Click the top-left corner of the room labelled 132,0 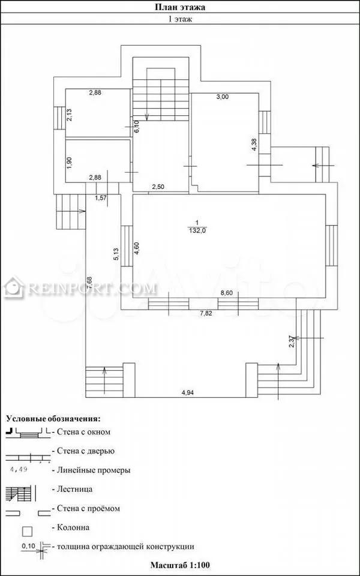pos(133,194)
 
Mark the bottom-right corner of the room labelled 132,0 pos(325,298)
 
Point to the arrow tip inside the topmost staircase pos(146,121)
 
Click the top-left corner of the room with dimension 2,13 pos(66,89)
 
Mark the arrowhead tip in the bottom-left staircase pos(104,367)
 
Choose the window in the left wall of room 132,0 pos(127,246)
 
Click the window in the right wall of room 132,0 pos(331,246)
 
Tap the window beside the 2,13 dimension pos(59,118)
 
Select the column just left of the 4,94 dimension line pos(128,380)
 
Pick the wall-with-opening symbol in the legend pos(28,512)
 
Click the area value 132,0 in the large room pos(197,230)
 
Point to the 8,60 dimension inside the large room pos(227,293)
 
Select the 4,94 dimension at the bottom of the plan pos(188,392)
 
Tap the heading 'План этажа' pos(179,7)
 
